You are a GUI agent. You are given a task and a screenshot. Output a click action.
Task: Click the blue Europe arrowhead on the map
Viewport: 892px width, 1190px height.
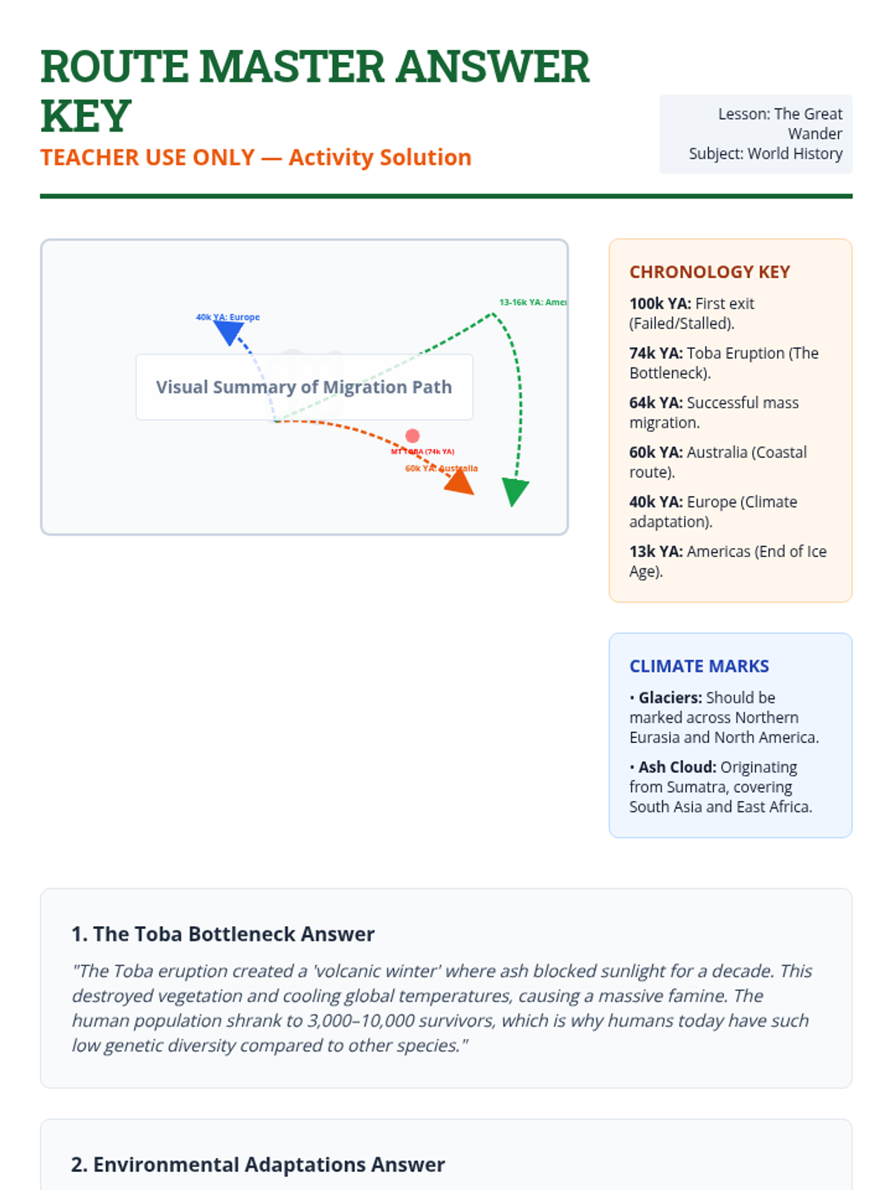229,332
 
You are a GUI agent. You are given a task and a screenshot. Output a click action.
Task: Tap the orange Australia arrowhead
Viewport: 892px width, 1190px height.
460,483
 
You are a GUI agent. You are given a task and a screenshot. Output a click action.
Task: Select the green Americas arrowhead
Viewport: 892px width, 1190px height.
514,491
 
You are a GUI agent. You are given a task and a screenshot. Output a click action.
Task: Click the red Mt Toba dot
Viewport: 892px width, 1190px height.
413,436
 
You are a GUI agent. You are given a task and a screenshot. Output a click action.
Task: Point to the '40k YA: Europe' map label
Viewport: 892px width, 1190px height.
227,317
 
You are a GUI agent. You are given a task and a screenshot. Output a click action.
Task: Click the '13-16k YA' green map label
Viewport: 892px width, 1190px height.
532,302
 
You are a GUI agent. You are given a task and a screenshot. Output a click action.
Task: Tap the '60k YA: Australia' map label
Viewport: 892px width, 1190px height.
442,469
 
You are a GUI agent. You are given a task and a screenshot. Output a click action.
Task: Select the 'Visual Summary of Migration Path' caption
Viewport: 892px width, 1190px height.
304,387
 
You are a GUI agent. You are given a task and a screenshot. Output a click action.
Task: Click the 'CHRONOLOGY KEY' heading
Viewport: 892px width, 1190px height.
710,272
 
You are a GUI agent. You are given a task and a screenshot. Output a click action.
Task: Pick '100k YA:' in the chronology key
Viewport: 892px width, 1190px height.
660,303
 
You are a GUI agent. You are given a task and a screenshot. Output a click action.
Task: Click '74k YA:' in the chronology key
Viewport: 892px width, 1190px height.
656,353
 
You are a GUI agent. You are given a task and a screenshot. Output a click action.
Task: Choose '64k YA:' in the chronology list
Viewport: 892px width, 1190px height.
656,403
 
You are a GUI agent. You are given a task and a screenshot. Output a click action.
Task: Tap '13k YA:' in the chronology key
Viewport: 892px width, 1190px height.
656,552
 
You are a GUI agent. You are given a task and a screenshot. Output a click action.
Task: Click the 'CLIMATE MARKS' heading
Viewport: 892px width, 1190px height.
699,666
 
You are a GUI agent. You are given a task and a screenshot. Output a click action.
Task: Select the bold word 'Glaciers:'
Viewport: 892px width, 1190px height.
670,698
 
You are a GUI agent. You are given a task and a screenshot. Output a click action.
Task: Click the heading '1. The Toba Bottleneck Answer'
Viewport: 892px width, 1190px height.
223,934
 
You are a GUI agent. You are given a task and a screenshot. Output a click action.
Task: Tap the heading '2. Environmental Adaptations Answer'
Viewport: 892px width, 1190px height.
258,1165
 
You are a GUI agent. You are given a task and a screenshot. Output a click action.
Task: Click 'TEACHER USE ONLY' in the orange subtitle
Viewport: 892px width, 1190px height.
147,158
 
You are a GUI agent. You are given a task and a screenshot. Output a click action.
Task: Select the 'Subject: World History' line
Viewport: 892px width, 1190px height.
766,154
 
